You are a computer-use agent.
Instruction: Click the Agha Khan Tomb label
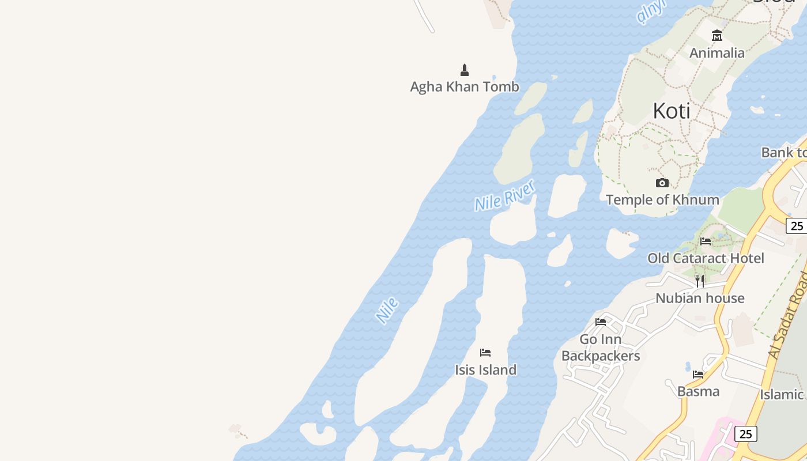(x=465, y=87)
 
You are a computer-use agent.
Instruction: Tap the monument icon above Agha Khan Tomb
(x=465, y=70)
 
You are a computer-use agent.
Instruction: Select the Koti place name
(x=672, y=111)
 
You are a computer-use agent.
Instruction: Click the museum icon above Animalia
(x=717, y=36)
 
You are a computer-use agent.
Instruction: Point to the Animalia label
(x=717, y=53)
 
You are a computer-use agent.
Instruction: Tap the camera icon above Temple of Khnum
(x=662, y=183)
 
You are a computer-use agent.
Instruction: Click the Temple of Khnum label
(x=662, y=200)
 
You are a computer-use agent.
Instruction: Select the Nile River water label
(x=505, y=195)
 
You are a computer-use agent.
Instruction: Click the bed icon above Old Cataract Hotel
(x=706, y=241)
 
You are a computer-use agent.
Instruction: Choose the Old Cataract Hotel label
(x=706, y=258)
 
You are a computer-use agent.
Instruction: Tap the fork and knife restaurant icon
(x=700, y=281)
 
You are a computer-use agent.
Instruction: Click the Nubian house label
(x=700, y=298)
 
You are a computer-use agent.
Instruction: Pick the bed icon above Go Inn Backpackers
(x=601, y=322)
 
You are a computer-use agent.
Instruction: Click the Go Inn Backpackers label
(x=601, y=347)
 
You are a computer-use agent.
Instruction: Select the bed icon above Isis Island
(x=485, y=353)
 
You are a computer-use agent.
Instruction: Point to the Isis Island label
(x=485, y=370)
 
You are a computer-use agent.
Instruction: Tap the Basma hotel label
(x=698, y=392)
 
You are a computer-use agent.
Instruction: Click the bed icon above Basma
(x=698, y=375)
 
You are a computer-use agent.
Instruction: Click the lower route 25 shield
(x=745, y=434)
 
